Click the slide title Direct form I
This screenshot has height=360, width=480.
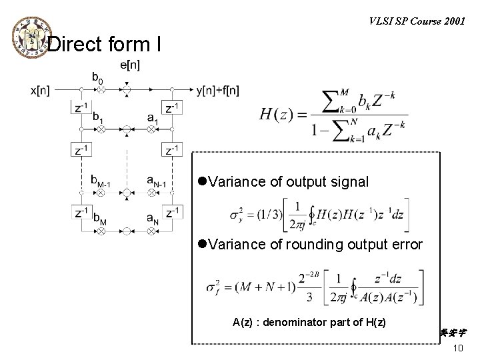point(104,45)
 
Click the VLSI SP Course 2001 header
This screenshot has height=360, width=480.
point(416,20)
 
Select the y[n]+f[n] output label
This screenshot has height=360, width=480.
point(219,89)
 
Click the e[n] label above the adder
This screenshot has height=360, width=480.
point(130,65)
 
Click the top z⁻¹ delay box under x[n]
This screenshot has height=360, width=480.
point(80,108)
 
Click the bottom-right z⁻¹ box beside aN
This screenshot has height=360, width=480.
point(172,213)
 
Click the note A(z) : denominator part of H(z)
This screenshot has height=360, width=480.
point(309,323)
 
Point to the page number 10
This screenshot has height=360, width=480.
point(457,349)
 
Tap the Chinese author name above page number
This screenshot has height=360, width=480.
point(453,331)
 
